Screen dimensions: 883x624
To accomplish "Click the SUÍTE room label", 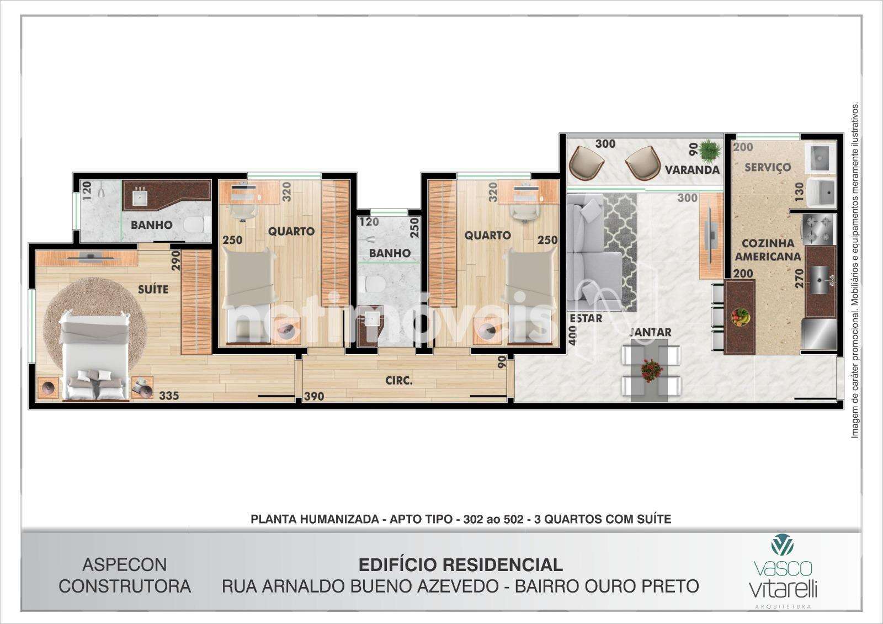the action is (x=153, y=289).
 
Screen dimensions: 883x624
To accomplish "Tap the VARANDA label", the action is (x=692, y=170).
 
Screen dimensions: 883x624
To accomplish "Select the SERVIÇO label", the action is (x=768, y=167).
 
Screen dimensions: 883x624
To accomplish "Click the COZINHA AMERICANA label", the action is (x=768, y=250).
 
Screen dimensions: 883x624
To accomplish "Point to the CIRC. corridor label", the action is (x=399, y=381).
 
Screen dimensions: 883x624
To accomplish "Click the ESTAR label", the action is (x=586, y=318).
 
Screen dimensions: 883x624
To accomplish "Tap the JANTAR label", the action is (x=651, y=332).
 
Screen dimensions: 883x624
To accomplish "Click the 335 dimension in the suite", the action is (x=169, y=396).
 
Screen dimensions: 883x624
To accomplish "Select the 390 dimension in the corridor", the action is (x=314, y=396).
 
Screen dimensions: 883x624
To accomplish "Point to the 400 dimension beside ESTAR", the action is (x=573, y=335).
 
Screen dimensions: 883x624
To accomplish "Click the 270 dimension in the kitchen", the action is (x=799, y=278).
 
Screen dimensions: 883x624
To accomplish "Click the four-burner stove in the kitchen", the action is (x=818, y=230).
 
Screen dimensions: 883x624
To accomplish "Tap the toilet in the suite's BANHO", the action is (x=196, y=225).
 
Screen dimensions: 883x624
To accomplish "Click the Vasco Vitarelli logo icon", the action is (x=783, y=545).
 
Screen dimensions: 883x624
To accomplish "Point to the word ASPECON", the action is (x=125, y=565).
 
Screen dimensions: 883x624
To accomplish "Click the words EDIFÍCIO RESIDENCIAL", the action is (x=460, y=565).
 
